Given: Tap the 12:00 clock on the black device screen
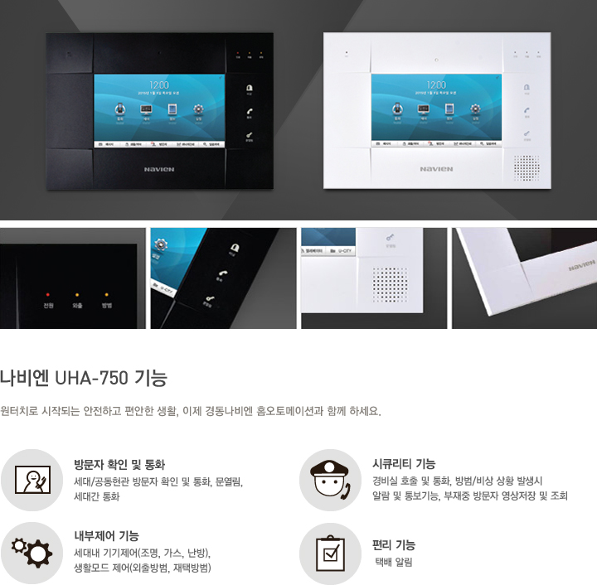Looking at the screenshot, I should click(x=159, y=85).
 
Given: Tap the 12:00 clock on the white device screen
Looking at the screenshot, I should click(x=435, y=85).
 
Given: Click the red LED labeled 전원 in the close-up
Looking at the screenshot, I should click(x=49, y=294).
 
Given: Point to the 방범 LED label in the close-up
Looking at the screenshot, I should click(x=106, y=306).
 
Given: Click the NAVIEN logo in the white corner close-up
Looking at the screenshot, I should click(x=582, y=266).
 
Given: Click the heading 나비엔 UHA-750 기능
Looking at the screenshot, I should click(x=84, y=380).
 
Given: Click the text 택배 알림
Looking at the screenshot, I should click(x=394, y=562).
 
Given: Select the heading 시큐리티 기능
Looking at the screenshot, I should click(x=404, y=464).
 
